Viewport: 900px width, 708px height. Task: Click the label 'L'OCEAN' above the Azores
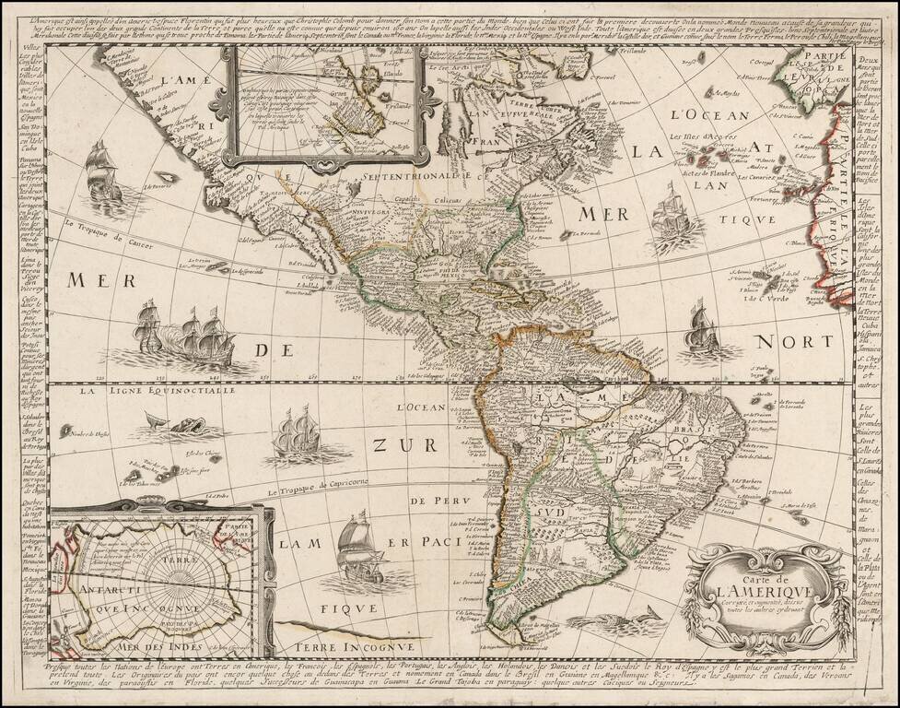point(700,115)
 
